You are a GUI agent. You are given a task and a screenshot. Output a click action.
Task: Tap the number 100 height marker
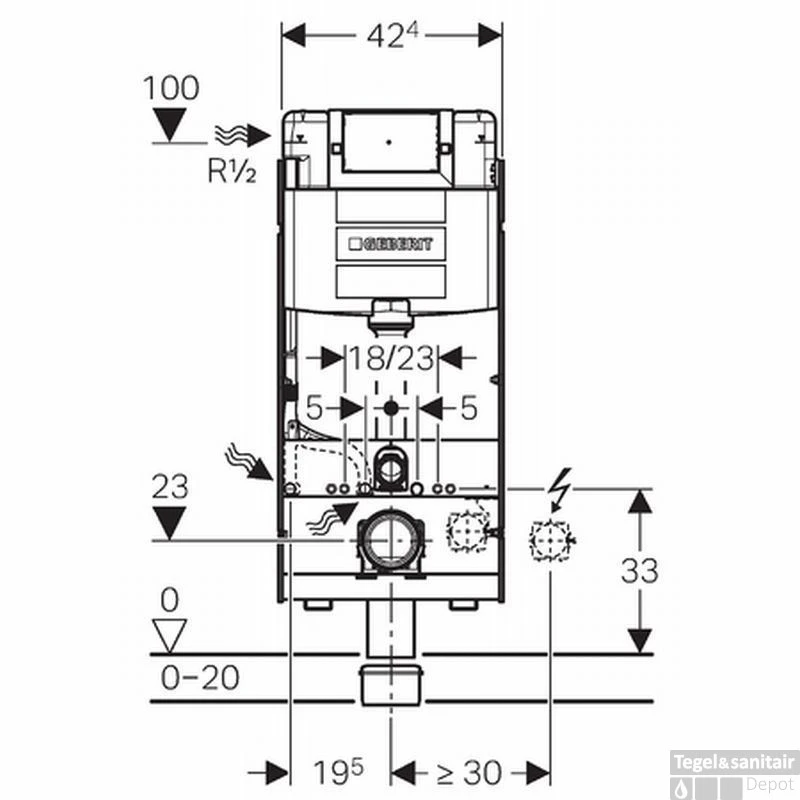click(x=171, y=87)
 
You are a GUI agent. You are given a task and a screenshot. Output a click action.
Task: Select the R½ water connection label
click(x=232, y=172)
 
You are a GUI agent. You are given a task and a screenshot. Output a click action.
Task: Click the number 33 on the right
click(x=640, y=571)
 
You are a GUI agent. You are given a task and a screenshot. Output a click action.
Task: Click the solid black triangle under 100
click(x=172, y=124)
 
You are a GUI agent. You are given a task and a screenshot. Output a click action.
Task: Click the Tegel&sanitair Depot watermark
click(x=749, y=773)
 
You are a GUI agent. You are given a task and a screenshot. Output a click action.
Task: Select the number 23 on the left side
click(x=171, y=487)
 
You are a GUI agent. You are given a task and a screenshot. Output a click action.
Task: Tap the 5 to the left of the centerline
click(x=313, y=408)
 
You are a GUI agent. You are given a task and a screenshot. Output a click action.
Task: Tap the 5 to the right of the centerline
click(x=469, y=408)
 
